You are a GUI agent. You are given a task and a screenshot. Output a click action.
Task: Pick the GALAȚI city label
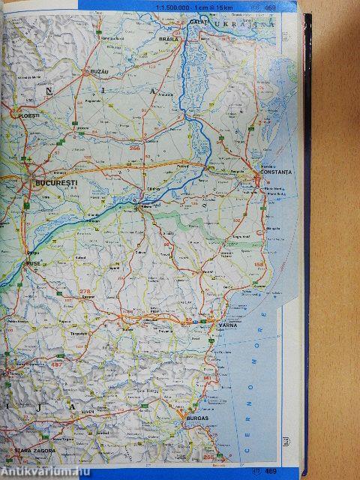click(x=199, y=22)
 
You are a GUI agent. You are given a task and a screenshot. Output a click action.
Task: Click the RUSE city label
click(x=34, y=265)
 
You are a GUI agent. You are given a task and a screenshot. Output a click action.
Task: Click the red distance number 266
click(x=135, y=148)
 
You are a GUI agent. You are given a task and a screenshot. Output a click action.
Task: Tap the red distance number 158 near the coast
click(x=260, y=265)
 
